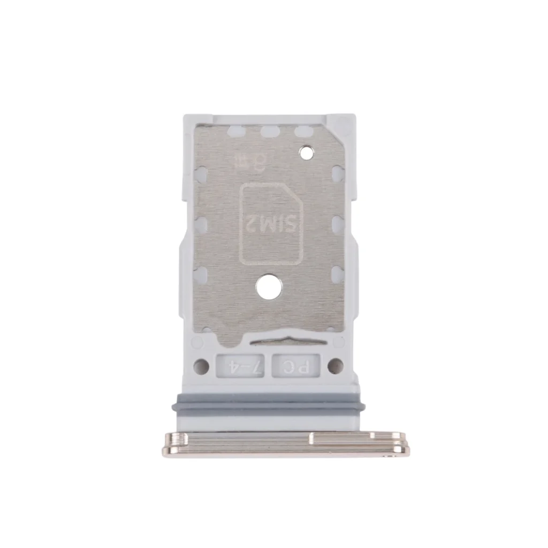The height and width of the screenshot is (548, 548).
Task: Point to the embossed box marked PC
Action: pos(295,367)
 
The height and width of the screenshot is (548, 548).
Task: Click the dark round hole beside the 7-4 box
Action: pos(201,367)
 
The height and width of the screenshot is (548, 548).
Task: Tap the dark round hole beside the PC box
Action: pos(335,367)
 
